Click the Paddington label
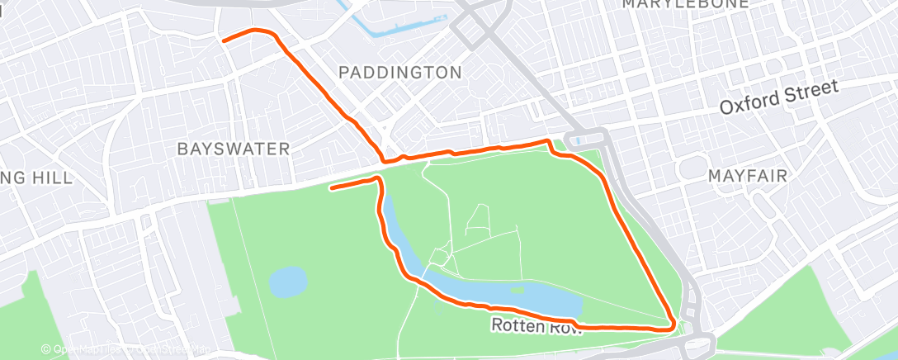pyautogui.click(x=400, y=73)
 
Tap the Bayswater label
pyautogui.click(x=234, y=149)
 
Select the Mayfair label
pyautogui.click(x=748, y=176)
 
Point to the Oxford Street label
pyautogui.click(x=778, y=97)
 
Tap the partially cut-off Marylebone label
pyautogui.click(x=685, y=4)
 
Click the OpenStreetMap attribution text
pyautogui.click(x=128, y=350)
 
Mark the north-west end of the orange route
pyautogui.click(x=223, y=39)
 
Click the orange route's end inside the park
pyautogui.click(x=331, y=188)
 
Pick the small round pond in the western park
pyautogui.click(x=287, y=282)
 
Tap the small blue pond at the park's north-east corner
pyautogui.click(x=575, y=140)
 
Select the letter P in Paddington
pyautogui.click(x=345, y=73)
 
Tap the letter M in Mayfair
pyautogui.click(x=715, y=176)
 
